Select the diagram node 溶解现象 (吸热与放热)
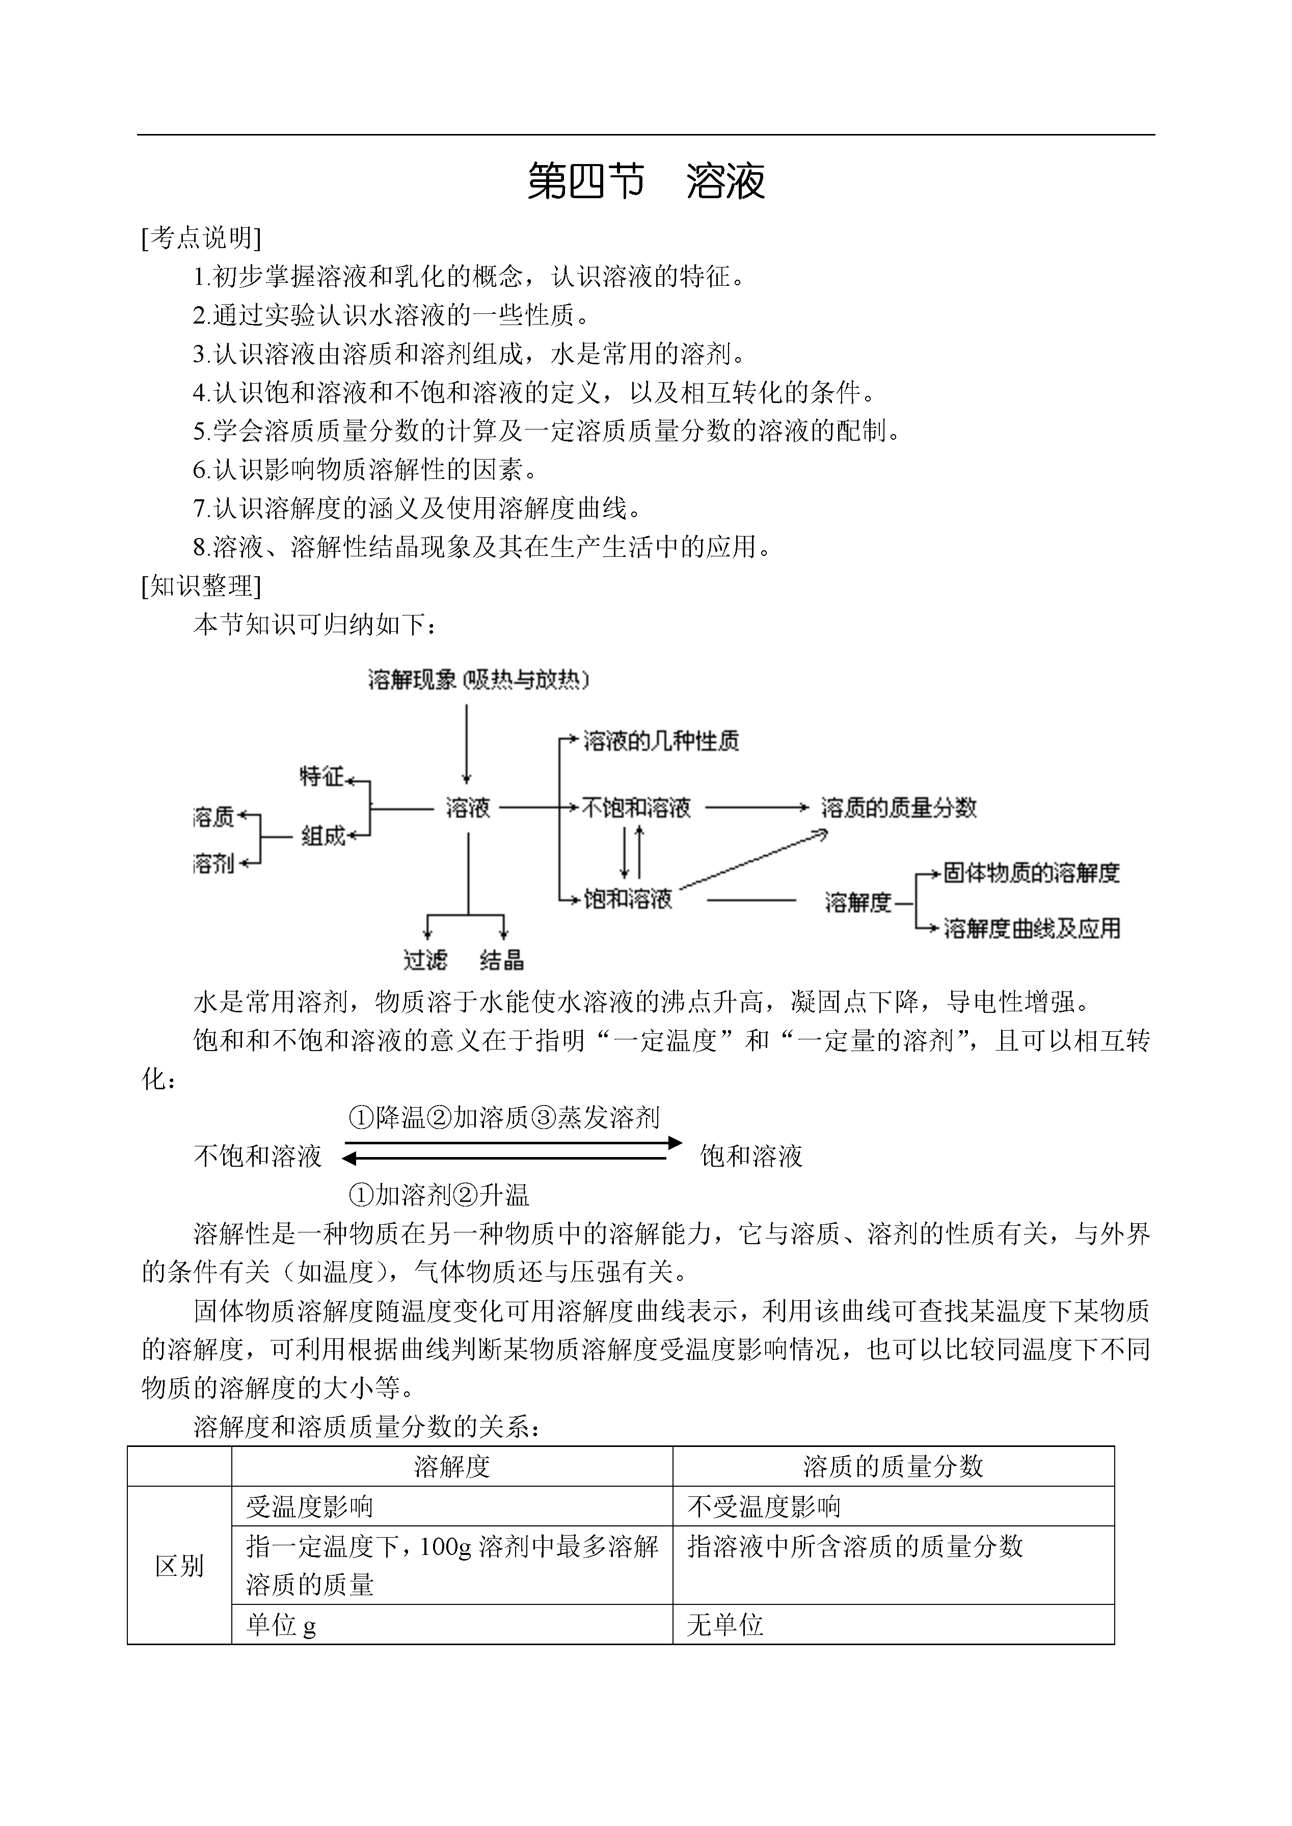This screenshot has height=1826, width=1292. [478, 680]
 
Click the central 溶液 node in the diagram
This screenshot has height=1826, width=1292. [468, 809]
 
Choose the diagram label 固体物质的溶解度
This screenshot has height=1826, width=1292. [1031, 873]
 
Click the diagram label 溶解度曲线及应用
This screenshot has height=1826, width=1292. [1032, 928]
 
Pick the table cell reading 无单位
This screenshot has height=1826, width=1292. [725, 1625]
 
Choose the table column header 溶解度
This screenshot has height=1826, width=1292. [452, 1466]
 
